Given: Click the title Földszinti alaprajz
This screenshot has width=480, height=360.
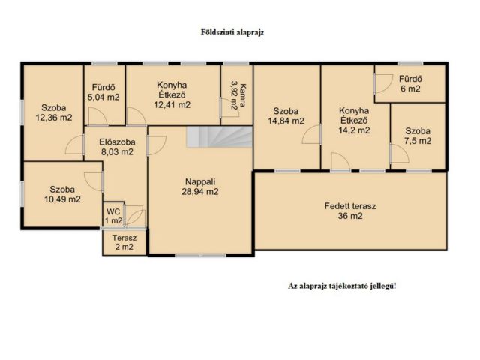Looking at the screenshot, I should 232,33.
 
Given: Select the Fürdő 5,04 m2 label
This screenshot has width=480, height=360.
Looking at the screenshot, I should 103,91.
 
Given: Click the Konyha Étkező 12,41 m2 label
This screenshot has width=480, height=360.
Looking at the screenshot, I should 172,95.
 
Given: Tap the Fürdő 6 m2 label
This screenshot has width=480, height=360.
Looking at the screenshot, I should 409,83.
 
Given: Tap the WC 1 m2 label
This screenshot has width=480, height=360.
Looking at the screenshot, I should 113,215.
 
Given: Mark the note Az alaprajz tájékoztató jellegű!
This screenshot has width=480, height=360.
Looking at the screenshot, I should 342,286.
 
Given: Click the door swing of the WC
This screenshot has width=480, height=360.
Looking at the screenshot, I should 135,217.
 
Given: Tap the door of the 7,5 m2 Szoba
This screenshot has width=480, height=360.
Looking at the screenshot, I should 394,151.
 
